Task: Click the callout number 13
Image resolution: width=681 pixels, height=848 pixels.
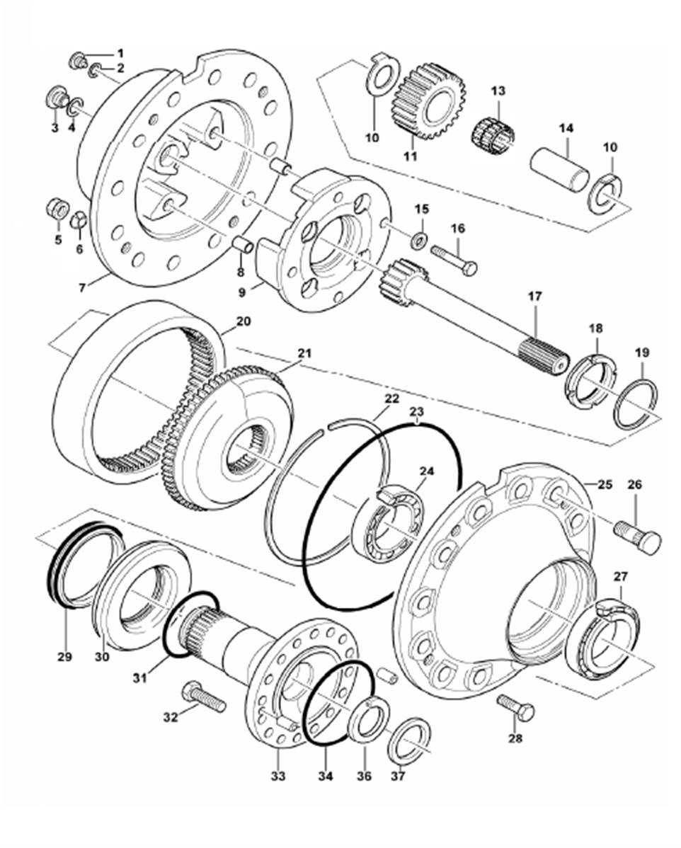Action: [x=498, y=91]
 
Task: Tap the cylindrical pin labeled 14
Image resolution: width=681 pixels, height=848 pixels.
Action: [x=561, y=168]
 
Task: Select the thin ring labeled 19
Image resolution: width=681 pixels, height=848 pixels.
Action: [x=636, y=404]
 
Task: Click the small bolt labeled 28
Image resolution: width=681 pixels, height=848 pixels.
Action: [x=516, y=706]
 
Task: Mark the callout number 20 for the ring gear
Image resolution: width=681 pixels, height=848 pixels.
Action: [x=242, y=321]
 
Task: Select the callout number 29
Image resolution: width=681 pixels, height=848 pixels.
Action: [x=64, y=658]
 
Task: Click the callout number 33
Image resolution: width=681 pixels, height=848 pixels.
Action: [x=277, y=777]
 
